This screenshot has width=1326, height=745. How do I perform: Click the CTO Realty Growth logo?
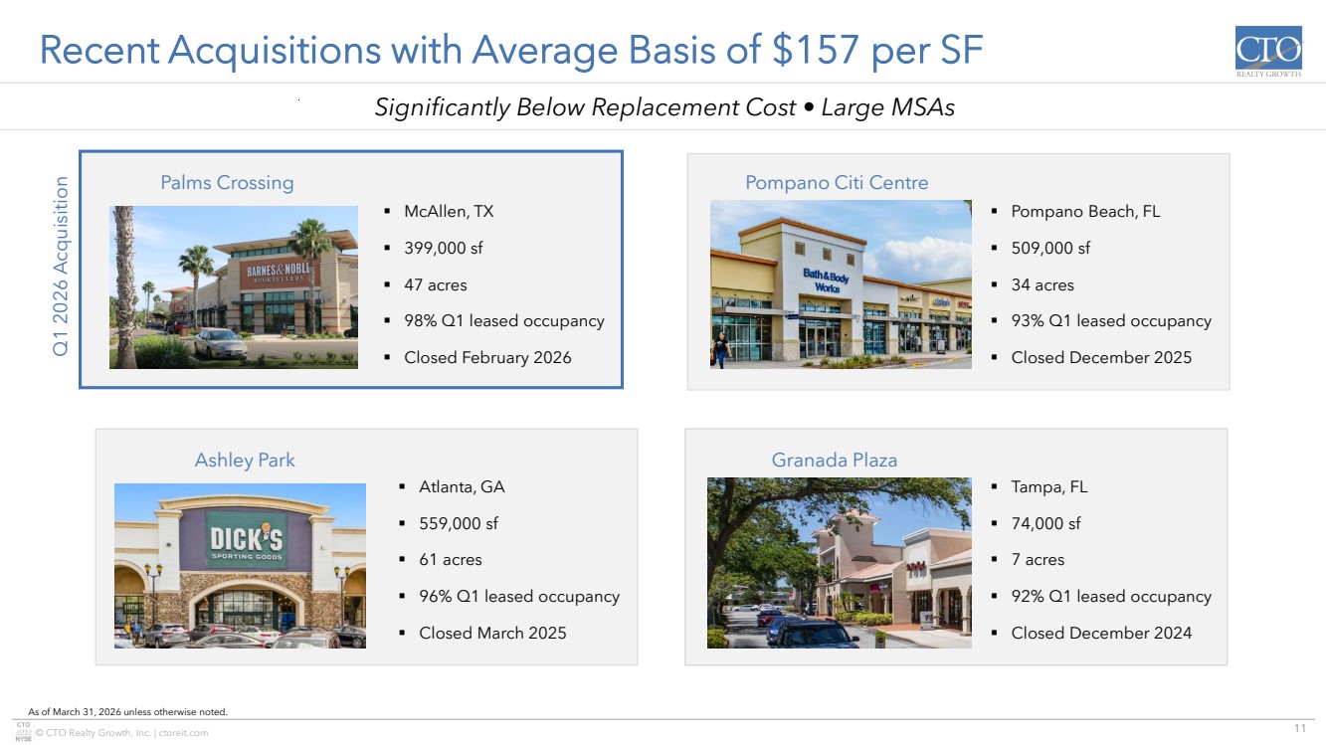click(x=1268, y=52)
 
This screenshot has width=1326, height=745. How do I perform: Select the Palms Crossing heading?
click(x=228, y=183)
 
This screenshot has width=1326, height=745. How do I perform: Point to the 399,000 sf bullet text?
click(x=444, y=248)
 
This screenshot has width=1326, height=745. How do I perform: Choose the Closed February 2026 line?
click(x=487, y=357)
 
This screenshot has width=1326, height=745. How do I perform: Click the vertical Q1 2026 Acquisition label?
click(x=61, y=267)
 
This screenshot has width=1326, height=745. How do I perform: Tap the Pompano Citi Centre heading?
click(x=837, y=182)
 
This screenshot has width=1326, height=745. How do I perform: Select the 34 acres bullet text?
click(x=1042, y=284)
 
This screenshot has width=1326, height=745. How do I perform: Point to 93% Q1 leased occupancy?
click(x=1111, y=320)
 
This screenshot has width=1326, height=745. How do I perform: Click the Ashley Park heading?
click(x=245, y=460)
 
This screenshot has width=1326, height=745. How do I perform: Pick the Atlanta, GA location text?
click(x=462, y=487)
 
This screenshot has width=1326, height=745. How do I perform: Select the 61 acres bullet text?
click(x=451, y=560)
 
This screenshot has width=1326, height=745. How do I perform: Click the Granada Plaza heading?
click(x=834, y=460)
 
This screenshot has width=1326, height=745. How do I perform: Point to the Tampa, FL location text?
click(x=1048, y=487)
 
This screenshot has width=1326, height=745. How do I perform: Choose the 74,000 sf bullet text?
click(x=1046, y=523)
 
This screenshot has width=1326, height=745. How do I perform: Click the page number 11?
click(x=1300, y=728)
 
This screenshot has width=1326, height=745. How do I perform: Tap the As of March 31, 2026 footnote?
click(x=128, y=712)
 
